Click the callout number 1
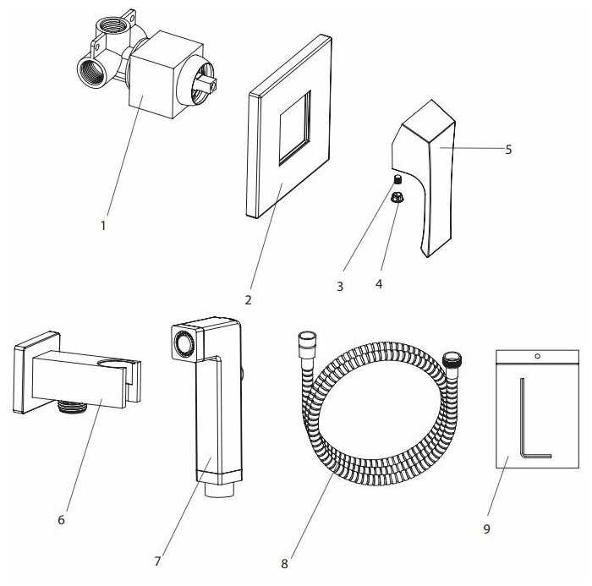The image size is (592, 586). click(x=103, y=226)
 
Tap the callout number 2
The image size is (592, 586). click(x=248, y=299)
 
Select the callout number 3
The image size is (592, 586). click(x=340, y=287)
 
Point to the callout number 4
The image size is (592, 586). click(x=379, y=284)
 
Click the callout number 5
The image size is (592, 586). click(x=508, y=149)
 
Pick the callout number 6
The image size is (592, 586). click(x=61, y=519)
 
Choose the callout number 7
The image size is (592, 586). click(x=158, y=561)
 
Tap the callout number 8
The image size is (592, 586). click(x=283, y=562)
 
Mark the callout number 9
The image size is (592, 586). click(x=486, y=529)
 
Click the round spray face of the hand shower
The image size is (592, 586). click(x=182, y=346)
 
